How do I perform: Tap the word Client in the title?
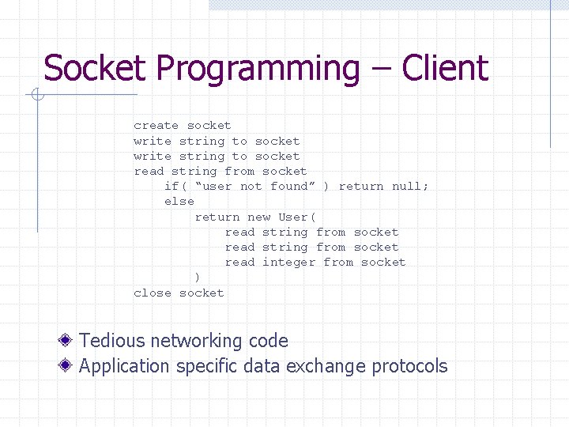(x=445, y=69)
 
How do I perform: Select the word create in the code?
(x=156, y=126)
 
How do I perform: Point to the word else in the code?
(x=179, y=202)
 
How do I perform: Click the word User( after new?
(x=297, y=217)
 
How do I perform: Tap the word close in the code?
(x=153, y=293)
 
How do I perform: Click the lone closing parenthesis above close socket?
(x=198, y=278)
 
